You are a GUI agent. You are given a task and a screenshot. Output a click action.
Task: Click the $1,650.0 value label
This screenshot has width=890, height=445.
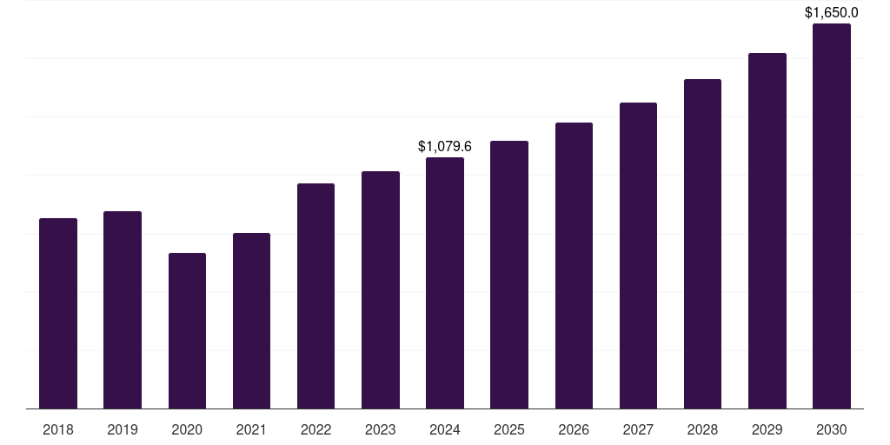832,12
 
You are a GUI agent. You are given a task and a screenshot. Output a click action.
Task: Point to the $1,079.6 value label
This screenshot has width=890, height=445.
445,146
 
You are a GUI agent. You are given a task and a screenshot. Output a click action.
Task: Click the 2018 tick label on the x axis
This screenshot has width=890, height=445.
58,429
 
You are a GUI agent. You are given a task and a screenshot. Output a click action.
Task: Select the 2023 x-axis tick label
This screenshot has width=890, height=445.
381,429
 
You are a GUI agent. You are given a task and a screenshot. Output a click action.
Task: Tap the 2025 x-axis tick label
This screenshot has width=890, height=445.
509,429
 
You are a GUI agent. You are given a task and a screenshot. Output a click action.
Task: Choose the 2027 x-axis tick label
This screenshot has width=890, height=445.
638,429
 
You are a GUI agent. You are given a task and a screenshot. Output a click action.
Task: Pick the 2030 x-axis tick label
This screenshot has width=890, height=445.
832,429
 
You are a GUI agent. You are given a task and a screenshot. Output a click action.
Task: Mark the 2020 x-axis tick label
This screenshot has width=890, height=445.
187,429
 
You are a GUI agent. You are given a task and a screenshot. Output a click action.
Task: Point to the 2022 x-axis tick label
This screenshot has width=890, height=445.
315,429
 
